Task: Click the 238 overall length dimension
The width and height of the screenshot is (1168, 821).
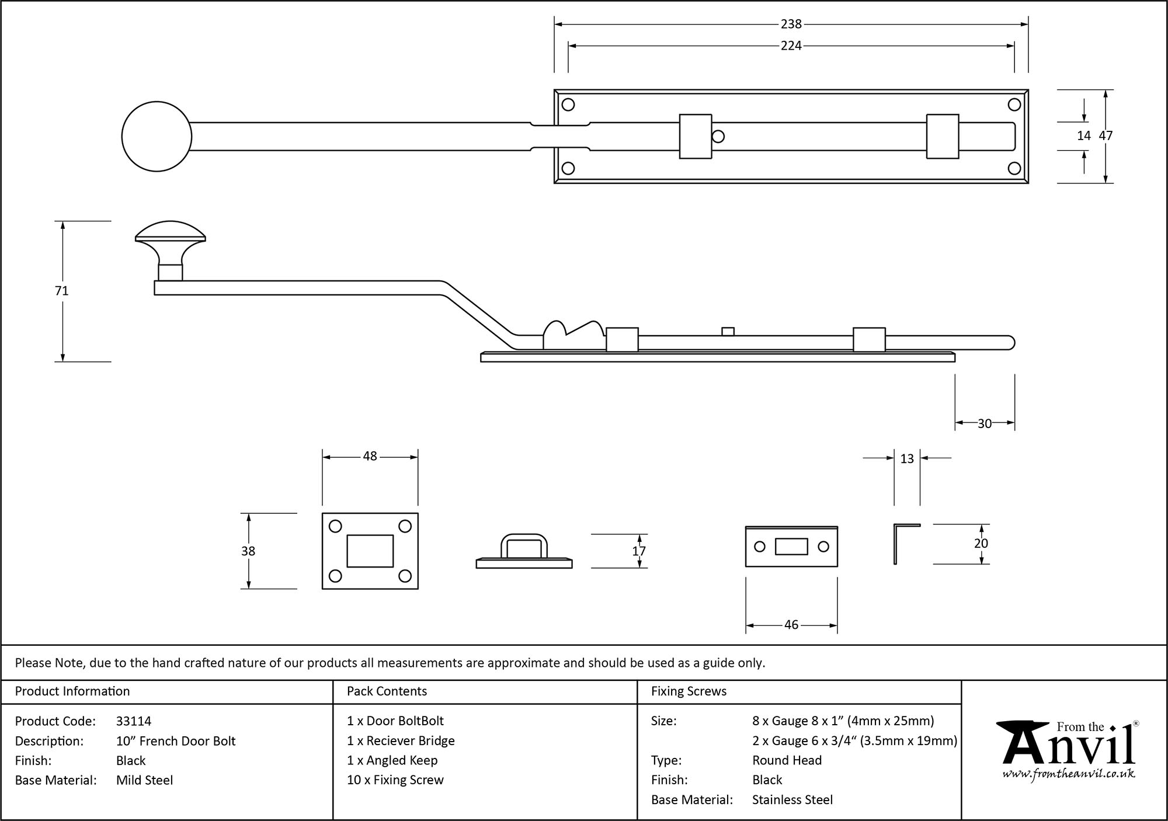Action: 791,24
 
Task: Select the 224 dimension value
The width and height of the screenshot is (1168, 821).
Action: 791,46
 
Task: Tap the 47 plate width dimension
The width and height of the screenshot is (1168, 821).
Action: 1106,135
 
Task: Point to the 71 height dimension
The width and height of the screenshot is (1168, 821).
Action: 62,290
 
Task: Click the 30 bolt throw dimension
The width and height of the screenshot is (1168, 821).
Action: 985,423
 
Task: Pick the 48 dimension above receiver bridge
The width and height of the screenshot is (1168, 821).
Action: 370,456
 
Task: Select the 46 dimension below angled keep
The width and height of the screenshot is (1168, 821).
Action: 791,625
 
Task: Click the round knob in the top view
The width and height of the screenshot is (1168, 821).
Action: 157,136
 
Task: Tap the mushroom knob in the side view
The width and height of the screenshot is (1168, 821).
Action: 170,239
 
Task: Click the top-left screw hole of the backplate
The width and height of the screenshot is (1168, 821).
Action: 568,105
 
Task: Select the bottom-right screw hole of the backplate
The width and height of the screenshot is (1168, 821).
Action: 1014,169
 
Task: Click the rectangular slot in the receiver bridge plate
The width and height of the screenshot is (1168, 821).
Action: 370,551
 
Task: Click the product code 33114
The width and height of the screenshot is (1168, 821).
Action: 134,721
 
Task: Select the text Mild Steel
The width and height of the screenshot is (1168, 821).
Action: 144,780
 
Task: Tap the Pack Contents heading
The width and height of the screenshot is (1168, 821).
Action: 387,691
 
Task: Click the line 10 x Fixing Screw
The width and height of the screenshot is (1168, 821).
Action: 395,780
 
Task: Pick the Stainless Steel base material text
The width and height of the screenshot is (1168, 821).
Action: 792,800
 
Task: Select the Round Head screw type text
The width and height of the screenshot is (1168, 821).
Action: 787,760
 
